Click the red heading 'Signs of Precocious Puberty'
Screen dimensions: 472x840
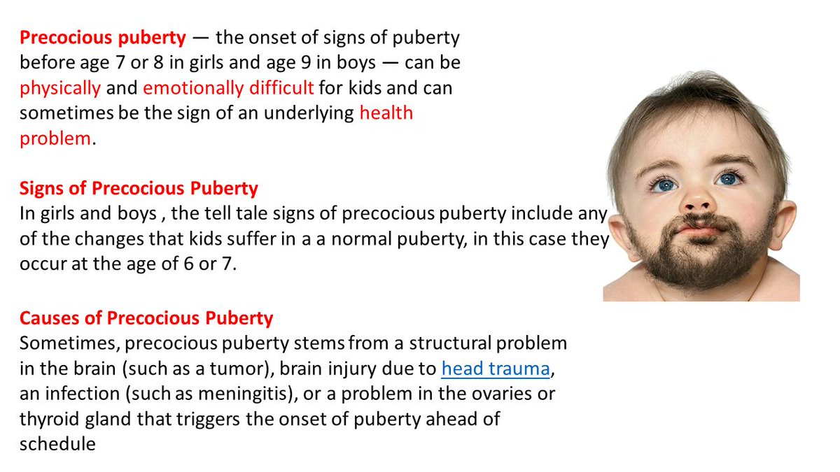[139, 189]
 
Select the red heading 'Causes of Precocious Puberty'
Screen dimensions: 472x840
[146, 319]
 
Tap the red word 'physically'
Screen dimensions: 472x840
[60, 89]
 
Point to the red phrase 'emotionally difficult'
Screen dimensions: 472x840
[228, 89]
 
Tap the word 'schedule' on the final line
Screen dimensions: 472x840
[57, 444]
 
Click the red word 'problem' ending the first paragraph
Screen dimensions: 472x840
[55, 138]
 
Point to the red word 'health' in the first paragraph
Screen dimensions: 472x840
[386, 113]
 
